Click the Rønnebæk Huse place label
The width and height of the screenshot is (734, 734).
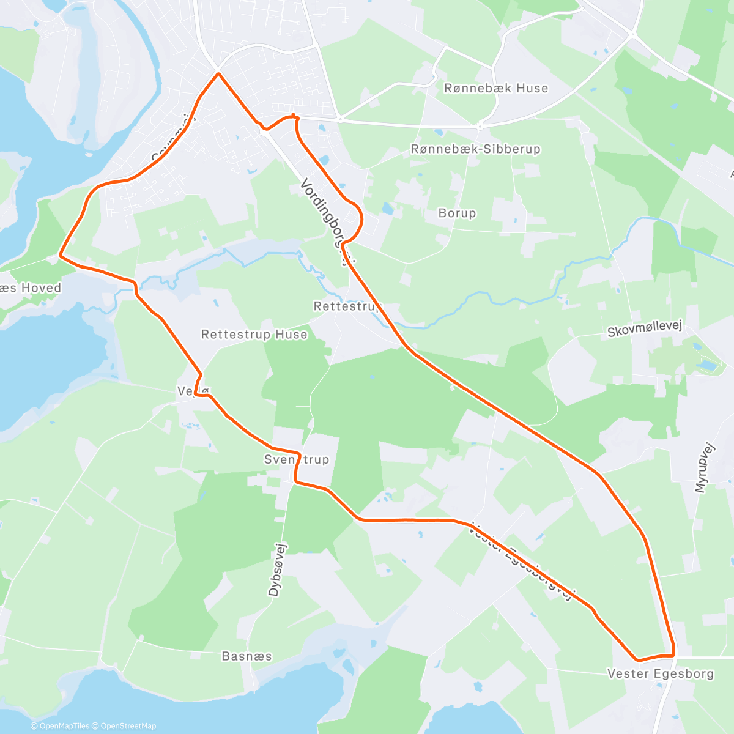496,88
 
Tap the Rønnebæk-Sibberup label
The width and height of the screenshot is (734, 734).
475,149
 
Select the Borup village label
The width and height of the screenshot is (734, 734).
457,213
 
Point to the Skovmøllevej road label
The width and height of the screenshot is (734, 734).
644,330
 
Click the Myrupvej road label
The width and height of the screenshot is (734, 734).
705,467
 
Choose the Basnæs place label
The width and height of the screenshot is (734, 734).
247,656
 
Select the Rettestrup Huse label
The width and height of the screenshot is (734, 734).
254,335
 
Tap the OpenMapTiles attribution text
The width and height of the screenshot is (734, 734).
64,726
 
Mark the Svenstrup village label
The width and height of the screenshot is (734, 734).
297,459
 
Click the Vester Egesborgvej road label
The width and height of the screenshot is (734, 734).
523,562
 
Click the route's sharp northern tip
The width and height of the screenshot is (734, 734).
218,74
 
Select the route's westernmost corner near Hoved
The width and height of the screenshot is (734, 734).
59,254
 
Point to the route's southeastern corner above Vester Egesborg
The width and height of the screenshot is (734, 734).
673,653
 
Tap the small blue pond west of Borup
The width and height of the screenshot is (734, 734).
388,209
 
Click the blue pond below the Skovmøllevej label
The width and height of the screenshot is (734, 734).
707,365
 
